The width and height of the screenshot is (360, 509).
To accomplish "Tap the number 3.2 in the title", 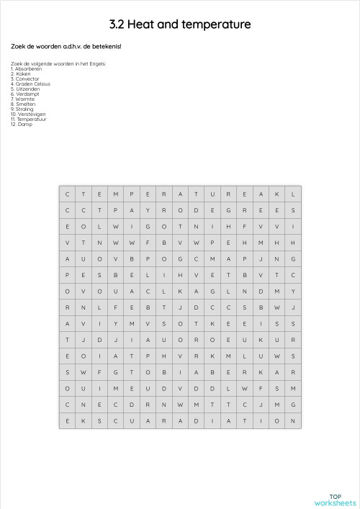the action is [x=117, y=24].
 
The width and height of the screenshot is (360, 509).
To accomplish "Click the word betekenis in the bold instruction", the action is [x=103, y=46].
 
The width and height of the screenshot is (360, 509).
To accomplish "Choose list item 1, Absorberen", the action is [x=27, y=68].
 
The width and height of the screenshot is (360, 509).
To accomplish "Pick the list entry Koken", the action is [x=23, y=73].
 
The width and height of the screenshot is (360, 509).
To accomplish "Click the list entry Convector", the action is [x=27, y=78].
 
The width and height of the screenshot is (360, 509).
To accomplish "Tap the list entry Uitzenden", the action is [x=27, y=89].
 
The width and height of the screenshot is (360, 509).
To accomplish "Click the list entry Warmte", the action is [x=24, y=99].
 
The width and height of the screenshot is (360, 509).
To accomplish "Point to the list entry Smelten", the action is [x=24, y=104].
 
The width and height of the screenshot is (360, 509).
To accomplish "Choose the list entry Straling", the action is [x=24, y=109].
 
